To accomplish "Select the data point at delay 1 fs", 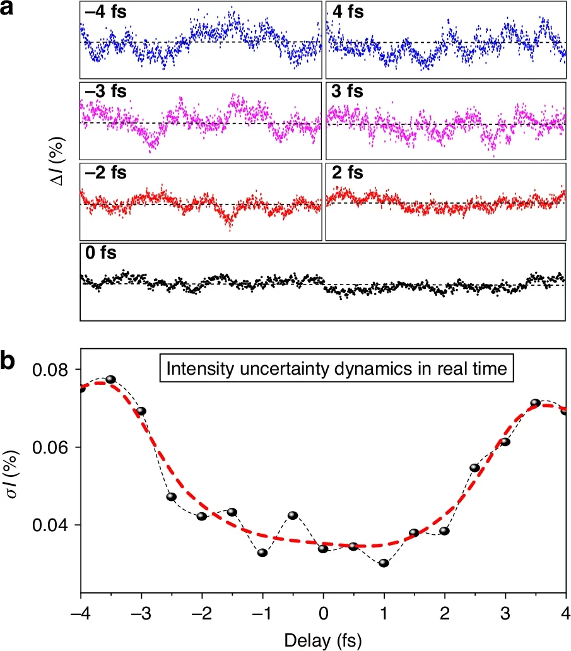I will [x=384, y=563].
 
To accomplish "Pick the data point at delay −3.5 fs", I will [x=110, y=379].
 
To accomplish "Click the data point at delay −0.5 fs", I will [x=293, y=515].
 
